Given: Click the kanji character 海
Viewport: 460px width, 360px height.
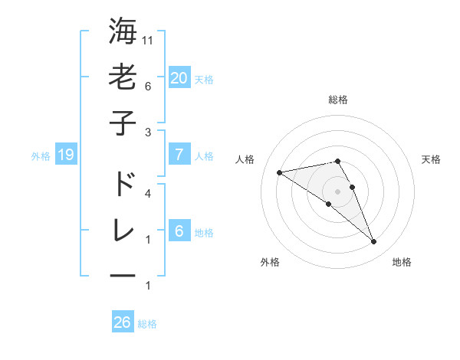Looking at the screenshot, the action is point(123,32).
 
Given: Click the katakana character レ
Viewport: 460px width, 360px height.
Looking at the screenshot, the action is point(123,230).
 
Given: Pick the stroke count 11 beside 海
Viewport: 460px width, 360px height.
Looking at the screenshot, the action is point(149,39).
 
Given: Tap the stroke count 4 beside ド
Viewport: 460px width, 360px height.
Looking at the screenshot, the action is point(149,193).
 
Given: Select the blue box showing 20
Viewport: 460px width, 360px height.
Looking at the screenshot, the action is point(179,78).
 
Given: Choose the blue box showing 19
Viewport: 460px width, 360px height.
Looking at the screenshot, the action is point(65,155).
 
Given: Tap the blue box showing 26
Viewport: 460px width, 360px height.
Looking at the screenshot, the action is point(123,322).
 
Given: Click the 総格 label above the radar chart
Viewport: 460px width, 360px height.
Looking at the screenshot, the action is point(338,100).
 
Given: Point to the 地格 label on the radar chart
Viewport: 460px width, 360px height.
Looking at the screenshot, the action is point(402,262).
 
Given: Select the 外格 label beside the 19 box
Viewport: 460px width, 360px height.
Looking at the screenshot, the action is point(41,156).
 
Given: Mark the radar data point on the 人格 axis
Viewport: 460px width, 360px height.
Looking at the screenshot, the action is point(279,172).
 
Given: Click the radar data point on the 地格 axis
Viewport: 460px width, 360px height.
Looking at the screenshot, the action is point(373,242).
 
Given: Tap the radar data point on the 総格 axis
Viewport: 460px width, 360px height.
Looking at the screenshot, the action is point(337,161).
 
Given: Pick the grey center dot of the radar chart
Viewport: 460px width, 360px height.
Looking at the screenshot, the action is point(337,191).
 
